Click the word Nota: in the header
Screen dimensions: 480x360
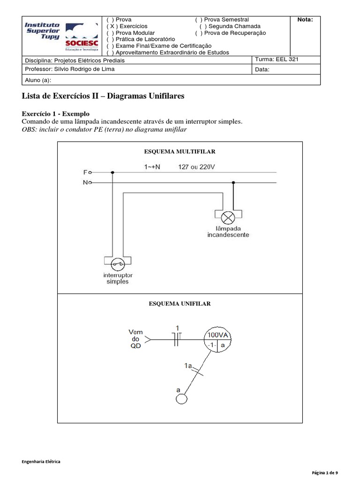(x=306, y=20)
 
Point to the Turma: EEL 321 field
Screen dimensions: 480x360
(x=277, y=60)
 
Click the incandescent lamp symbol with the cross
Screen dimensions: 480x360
(x=228, y=217)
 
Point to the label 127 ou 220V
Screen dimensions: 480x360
(x=197, y=166)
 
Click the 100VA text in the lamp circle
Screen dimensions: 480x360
(x=218, y=336)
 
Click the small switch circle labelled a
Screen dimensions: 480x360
(x=181, y=398)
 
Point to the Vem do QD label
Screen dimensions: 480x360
(x=135, y=338)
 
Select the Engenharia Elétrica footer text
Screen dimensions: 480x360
(x=41, y=462)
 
